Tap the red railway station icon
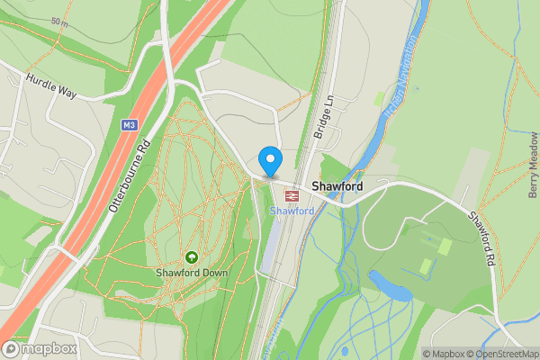pyautogui.click(x=292, y=194)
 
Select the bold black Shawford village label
pyautogui.click(x=337, y=186)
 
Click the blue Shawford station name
pyautogui.click(x=292, y=211)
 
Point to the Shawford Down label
pyautogui.click(x=191, y=273)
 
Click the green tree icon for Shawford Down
pyautogui.click(x=191, y=257)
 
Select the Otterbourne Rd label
pyautogui.click(x=127, y=175)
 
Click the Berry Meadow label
pyautogui.click(x=533, y=164)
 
